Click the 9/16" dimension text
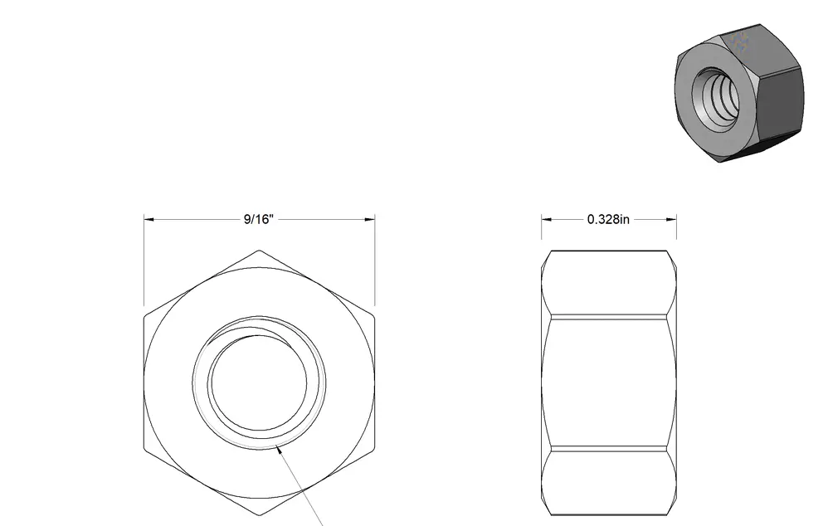pos(259,219)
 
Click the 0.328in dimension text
pos(608,219)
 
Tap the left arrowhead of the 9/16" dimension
pos(149,219)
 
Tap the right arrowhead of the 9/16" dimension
pos(370,219)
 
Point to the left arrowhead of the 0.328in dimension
pos(546,219)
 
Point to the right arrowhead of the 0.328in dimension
pos(672,219)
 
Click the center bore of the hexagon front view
pos(259,382)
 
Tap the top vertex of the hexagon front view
pos(260,251)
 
